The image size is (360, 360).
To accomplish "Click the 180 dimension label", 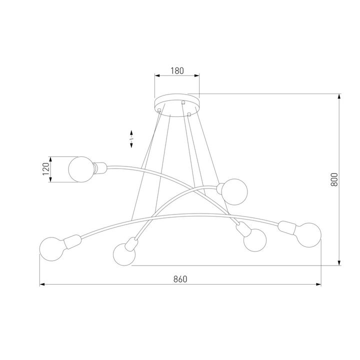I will [177, 70].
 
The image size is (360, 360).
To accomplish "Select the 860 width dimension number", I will [180, 279].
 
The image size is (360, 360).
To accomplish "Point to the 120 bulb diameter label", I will [45, 169].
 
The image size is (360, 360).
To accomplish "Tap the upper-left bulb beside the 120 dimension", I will [80, 169].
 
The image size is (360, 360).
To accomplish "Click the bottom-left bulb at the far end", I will [51, 248].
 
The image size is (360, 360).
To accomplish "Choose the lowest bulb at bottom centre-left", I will [124, 254].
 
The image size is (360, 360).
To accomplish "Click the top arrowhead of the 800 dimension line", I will [339, 96].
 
